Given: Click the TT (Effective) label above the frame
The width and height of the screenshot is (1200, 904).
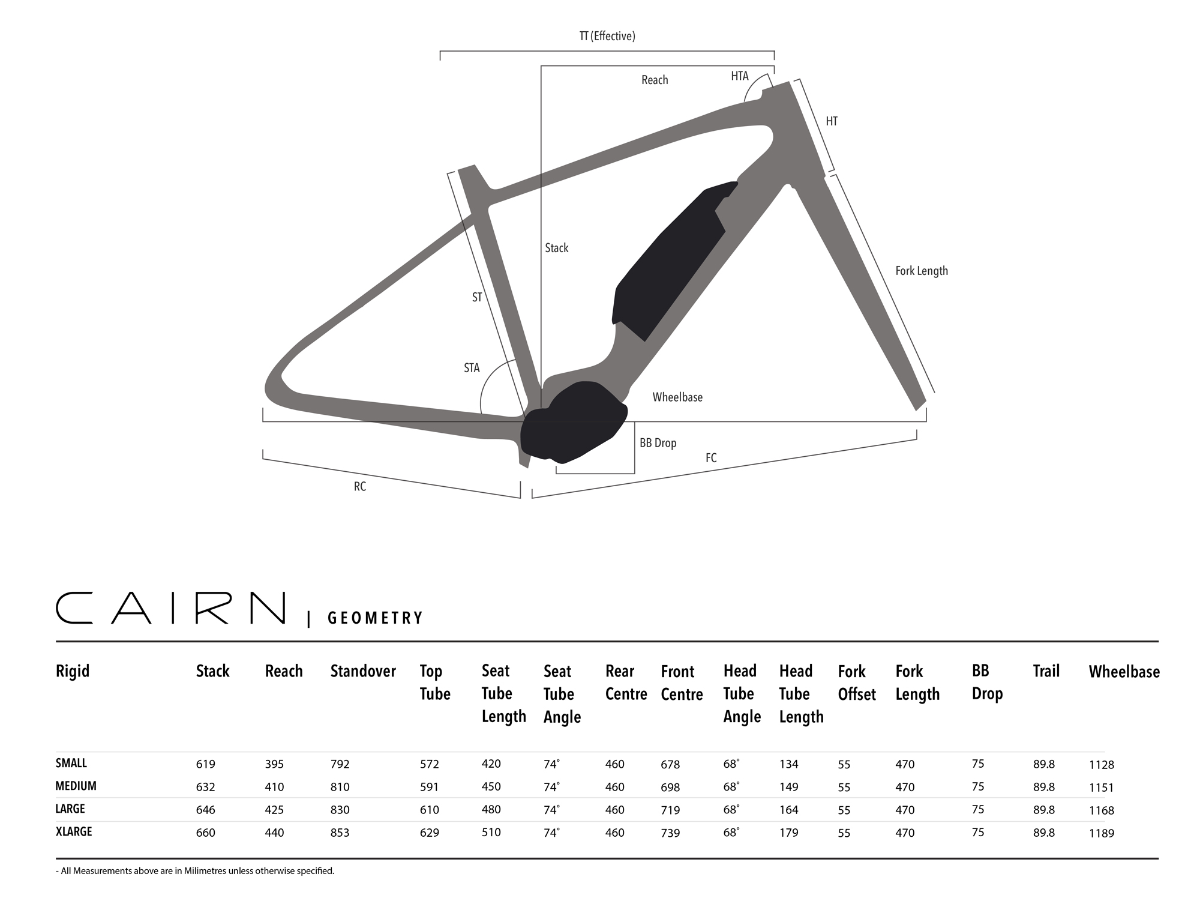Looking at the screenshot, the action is [x=607, y=36].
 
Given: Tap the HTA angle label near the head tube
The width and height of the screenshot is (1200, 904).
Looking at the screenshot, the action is [x=740, y=76].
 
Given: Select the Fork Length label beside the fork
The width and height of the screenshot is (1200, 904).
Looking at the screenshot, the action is [x=922, y=271].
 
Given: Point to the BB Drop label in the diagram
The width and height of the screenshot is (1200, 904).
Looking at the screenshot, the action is [x=658, y=443].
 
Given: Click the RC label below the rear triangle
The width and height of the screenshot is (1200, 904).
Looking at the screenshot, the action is [x=360, y=487].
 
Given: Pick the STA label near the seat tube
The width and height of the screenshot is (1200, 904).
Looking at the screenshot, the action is [x=472, y=368].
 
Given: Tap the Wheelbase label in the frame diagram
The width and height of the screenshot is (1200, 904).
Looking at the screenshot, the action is [x=677, y=397].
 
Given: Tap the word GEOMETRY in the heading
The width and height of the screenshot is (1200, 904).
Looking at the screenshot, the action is [x=376, y=618].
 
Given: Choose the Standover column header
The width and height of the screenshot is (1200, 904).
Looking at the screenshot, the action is [x=363, y=671].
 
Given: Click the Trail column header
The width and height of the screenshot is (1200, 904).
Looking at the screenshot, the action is [x=1046, y=671].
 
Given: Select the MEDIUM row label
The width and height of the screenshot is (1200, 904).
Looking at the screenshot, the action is [x=76, y=786].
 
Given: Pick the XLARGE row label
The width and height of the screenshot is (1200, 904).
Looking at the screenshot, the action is [x=74, y=831].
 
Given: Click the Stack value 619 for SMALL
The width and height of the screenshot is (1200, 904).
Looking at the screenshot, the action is [x=205, y=764].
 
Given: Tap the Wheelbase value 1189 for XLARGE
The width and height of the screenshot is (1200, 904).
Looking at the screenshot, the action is [x=1102, y=833].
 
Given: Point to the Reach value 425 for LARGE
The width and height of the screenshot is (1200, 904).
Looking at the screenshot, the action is [x=274, y=810].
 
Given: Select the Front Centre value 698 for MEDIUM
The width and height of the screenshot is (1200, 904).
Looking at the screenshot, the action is [x=670, y=787].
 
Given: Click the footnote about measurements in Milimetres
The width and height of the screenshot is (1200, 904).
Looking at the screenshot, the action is [x=195, y=871].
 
